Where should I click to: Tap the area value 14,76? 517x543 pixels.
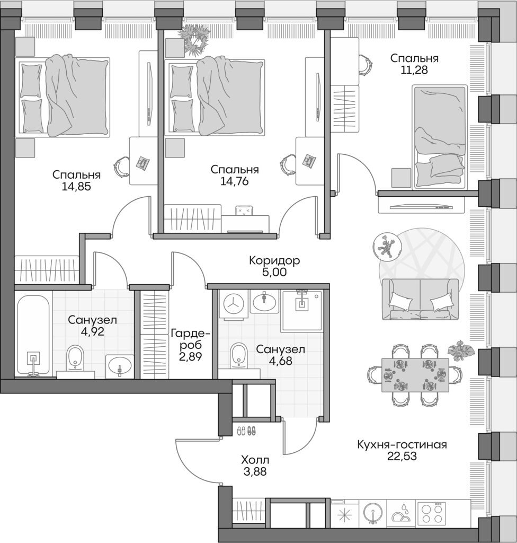234,181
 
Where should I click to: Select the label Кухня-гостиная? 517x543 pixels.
402,445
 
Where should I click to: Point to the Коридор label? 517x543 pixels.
275,261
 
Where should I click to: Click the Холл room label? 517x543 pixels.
255,460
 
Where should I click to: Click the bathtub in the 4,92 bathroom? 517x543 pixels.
33,335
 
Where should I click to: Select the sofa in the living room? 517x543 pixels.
421,299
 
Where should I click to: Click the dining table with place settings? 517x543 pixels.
415,374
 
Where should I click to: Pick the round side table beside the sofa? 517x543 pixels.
388,246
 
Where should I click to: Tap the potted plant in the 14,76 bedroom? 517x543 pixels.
194,39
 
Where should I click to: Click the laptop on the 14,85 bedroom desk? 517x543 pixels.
142,162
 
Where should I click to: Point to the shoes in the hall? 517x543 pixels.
246,430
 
